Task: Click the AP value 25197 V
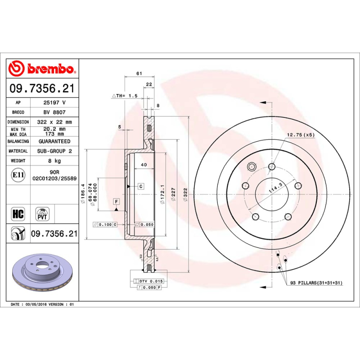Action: click(x=54, y=103)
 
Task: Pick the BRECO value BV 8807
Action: click(x=54, y=112)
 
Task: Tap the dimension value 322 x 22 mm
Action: click(x=54, y=122)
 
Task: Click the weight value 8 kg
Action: click(x=54, y=161)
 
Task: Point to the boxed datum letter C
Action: click(x=141, y=186)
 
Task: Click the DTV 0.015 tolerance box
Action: click(x=148, y=281)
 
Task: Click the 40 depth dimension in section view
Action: click(x=144, y=165)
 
